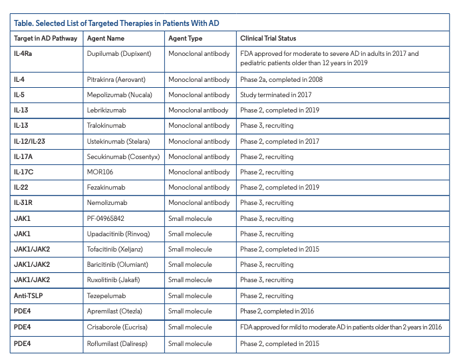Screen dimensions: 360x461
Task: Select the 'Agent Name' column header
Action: (106, 39)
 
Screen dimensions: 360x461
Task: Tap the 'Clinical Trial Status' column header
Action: (268, 39)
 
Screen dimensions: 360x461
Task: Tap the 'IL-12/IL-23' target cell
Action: (31, 142)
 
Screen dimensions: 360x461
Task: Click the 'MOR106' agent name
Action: (100, 172)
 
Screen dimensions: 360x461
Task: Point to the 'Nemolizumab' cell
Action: (107, 203)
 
